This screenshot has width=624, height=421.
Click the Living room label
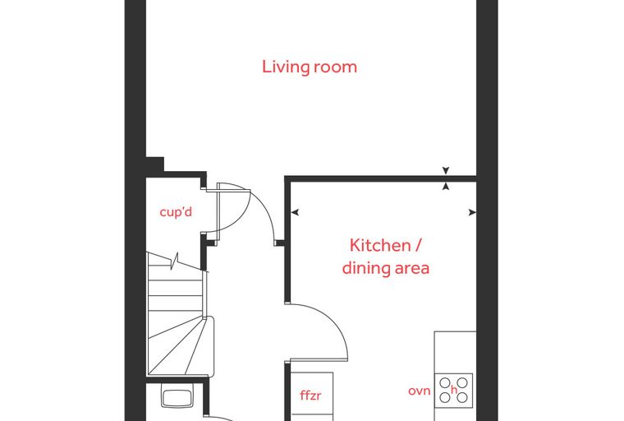tap(310, 67)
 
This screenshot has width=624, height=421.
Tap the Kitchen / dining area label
tap(386, 257)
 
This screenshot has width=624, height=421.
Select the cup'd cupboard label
tap(176, 212)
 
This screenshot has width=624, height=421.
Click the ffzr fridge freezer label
tap(310, 395)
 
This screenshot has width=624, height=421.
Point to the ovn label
tap(420, 391)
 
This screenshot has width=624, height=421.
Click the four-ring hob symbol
tap(453, 391)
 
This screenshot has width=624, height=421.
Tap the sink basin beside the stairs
tap(177, 395)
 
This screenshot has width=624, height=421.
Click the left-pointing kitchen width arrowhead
tap(295, 212)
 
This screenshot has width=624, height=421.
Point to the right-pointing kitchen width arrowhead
tap(472, 212)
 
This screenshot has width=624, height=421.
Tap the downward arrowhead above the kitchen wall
tap(446, 171)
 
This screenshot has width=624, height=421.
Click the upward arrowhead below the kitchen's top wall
tap(446, 186)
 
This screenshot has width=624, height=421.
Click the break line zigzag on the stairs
tap(174, 261)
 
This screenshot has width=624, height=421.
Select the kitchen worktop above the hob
tap(455, 352)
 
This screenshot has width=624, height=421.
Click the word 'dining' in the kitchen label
tap(365, 267)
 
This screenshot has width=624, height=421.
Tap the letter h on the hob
tap(454, 390)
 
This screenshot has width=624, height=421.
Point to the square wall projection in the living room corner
tap(155, 164)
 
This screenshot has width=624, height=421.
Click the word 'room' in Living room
tap(335, 67)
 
